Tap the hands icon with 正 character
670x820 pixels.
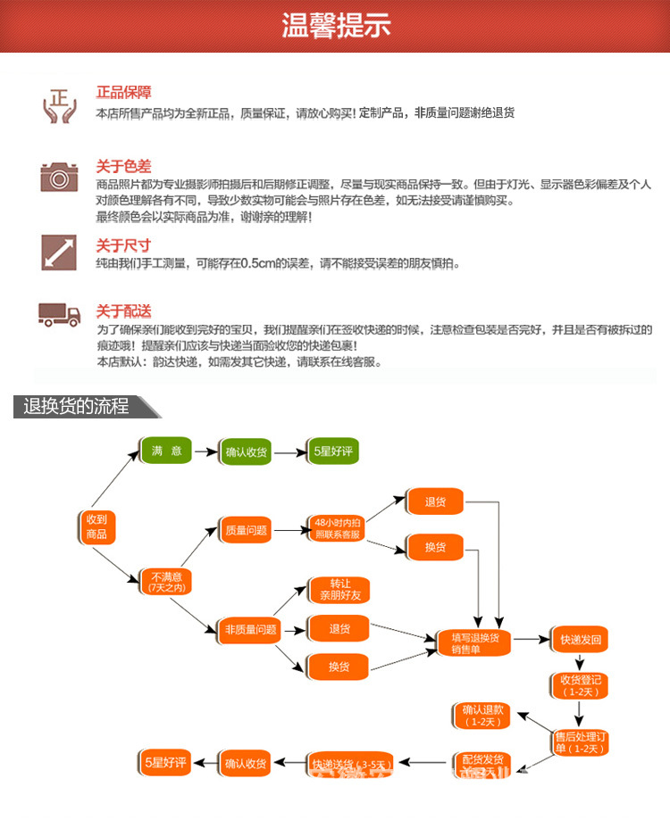[60, 104]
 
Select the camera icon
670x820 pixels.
[60, 176]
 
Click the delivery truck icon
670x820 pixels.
[60, 313]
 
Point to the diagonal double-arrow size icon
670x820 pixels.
[60, 252]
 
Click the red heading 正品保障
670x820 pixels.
[123, 92]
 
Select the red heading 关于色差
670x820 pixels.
[123, 166]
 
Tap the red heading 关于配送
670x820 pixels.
[123, 311]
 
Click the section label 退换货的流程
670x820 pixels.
[78, 407]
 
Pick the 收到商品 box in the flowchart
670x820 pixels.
[96, 527]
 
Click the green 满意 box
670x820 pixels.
[166, 451]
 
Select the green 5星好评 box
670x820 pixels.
[334, 451]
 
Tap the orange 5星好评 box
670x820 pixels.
[166, 762]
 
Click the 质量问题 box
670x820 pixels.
[246, 530]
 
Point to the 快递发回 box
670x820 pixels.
[581, 640]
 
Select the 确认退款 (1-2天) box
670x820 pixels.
[483, 716]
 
